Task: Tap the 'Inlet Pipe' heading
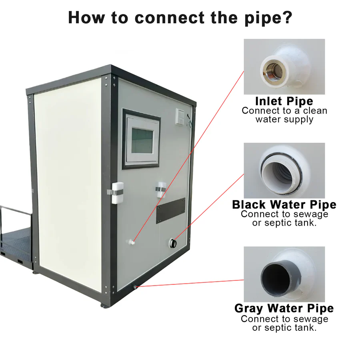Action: [284, 101]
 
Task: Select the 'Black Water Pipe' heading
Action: [284, 205]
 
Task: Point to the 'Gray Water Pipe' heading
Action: [284, 308]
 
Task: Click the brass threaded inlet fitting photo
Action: [284, 66]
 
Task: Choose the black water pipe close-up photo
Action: [284, 170]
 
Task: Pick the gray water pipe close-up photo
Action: [284, 274]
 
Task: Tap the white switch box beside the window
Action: [181, 116]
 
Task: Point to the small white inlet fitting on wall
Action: [132, 241]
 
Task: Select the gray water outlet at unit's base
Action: [136, 286]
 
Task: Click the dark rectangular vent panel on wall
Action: [171, 210]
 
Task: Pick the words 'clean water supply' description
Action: [284, 115]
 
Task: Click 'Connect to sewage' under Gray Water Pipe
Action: [284, 319]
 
